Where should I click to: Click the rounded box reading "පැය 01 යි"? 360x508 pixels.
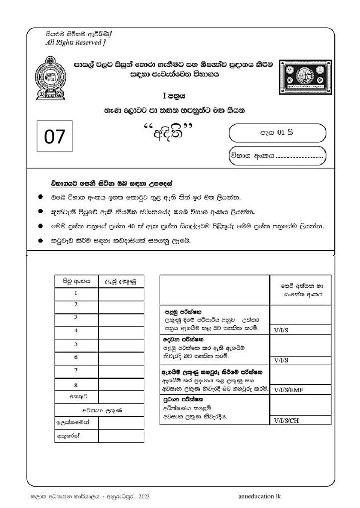tap(277, 132)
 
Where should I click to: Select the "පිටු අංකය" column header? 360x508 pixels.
tap(76, 281)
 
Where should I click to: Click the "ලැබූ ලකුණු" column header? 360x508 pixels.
tap(119, 281)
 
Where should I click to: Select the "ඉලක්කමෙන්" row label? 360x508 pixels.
tap(76, 423)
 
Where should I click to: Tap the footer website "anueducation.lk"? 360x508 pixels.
tap(259, 495)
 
